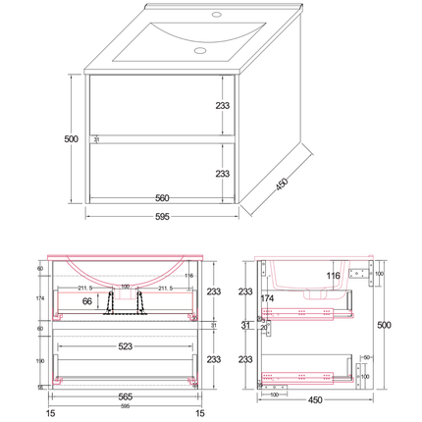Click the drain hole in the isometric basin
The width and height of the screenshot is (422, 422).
click(199, 49)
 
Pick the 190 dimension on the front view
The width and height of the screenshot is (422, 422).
click(40, 359)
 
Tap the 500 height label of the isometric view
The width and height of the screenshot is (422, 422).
click(71, 139)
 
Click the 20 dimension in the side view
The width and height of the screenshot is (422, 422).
click(264, 328)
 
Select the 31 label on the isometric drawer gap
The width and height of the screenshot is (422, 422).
click(96, 140)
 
